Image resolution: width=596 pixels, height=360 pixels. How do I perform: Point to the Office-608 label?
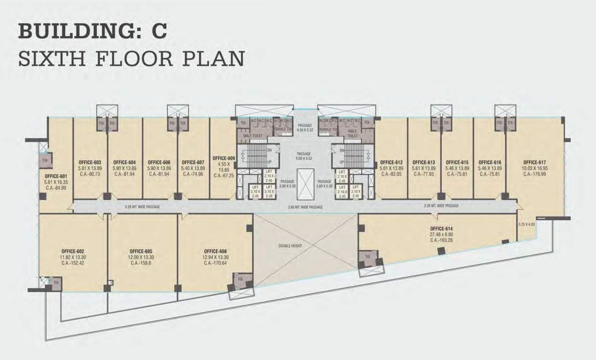click(x=215, y=251)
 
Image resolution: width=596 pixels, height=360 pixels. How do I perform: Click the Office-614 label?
click(x=440, y=228)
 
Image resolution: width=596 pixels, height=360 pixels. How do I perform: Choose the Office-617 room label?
click(x=534, y=162)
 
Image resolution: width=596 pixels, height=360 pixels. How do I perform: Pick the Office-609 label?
click(x=223, y=158)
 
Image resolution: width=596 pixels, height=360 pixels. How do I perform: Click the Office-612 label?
click(x=391, y=162)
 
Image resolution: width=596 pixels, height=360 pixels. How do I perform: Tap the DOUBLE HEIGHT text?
click(x=290, y=246)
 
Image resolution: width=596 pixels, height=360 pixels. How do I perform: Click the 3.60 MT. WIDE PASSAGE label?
click(x=305, y=207)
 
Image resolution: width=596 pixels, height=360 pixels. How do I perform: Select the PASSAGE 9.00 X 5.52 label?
click(x=304, y=154)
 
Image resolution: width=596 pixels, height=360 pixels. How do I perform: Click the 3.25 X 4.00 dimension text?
click(x=526, y=225)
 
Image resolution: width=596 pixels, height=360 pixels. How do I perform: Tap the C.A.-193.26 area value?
click(x=440, y=240)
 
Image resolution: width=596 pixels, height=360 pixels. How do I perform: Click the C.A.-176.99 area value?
click(x=534, y=174)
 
